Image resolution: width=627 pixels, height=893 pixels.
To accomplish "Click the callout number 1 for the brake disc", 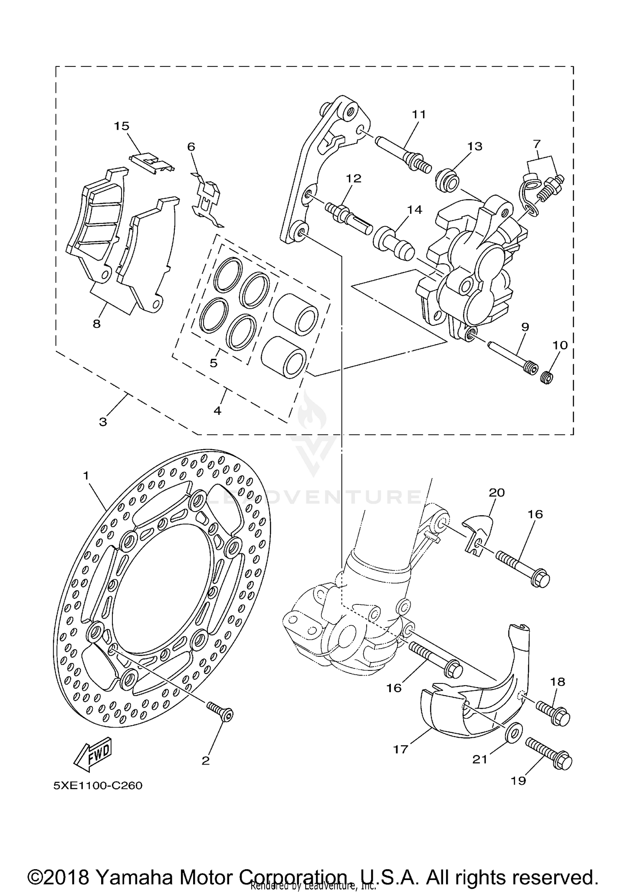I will [86, 476].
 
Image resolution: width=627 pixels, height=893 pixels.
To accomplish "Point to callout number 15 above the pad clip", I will [122, 126].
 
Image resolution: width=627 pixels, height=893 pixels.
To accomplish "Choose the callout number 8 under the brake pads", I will [97, 323].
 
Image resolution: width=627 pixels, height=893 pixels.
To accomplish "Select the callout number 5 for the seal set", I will [214, 363].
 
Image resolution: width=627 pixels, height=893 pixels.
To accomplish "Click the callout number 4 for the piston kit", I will [217, 410].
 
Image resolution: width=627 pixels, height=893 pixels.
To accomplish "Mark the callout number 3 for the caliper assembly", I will [103, 421].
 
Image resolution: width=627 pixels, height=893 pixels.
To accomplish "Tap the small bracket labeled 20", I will [479, 535].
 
